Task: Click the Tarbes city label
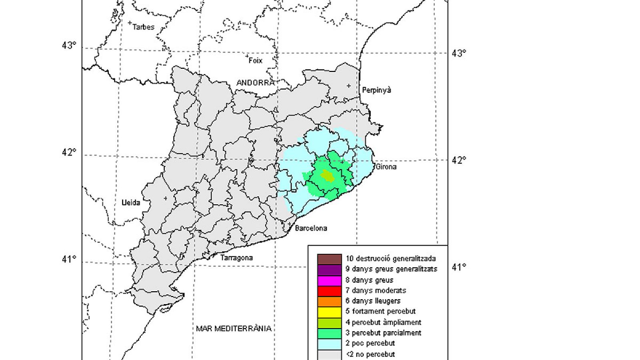click(x=143, y=27)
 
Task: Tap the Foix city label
click(x=256, y=60)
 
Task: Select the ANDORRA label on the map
click(x=256, y=83)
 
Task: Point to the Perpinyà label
click(x=376, y=90)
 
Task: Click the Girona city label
click(x=386, y=167)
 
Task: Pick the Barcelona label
click(x=311, y=228)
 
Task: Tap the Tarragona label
click(x=236, y=258)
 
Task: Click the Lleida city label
click(x=131, y=203)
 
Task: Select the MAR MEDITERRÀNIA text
click(x=234, y=329)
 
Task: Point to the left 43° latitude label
click(x=69, y=45)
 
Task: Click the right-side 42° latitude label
click(x=459, y=160)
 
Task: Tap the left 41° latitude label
click(x=69, y=259)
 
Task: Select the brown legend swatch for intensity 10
click(x=329, y=259)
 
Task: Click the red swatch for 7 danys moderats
click(x=329, y=290)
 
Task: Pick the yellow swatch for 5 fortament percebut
click(x=329, y=312)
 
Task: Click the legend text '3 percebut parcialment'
click(x=383, y=333)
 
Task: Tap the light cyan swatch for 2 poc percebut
click(x=329, y=344)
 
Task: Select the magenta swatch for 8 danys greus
click(x=329, y=280)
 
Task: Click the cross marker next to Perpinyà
click(x=349, y=86)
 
